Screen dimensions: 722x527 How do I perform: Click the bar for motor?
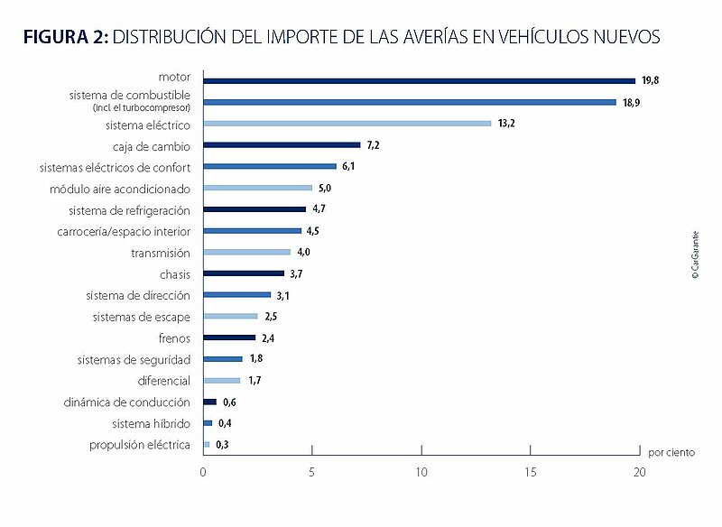tap(420, 81)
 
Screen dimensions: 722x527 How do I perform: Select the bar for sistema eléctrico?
tap(347, 124)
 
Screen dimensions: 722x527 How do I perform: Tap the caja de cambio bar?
tap(282, 145)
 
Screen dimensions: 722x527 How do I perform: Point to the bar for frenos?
tap(229, 337)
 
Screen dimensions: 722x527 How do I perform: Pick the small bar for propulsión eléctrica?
tap(207, 445)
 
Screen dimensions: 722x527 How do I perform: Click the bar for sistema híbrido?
tap(208, 423)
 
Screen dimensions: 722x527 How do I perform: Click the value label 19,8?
tap(650, 80)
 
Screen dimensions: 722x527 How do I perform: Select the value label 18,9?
tap(631, 103)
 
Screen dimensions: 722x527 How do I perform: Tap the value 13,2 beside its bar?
tap(506, 124)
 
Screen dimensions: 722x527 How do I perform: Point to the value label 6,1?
tap(348, 166)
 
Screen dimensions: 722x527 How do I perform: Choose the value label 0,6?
tap(229, 402)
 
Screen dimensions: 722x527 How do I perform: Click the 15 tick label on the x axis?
tap(531, 472)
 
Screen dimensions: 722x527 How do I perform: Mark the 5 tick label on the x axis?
tap(311, 472)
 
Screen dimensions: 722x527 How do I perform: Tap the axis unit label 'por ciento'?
tap(671, 452)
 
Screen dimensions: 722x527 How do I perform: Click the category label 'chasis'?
tap(175, 274)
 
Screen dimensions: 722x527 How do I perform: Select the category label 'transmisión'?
tap(161, 254)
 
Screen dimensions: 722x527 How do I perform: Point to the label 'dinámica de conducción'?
tap(126, 402)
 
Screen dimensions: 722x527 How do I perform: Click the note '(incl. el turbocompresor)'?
tap(142, 107)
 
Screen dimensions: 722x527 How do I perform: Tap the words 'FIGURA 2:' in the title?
tap(66, 37)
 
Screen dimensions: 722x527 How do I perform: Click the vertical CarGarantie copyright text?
tap(695, 255)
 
